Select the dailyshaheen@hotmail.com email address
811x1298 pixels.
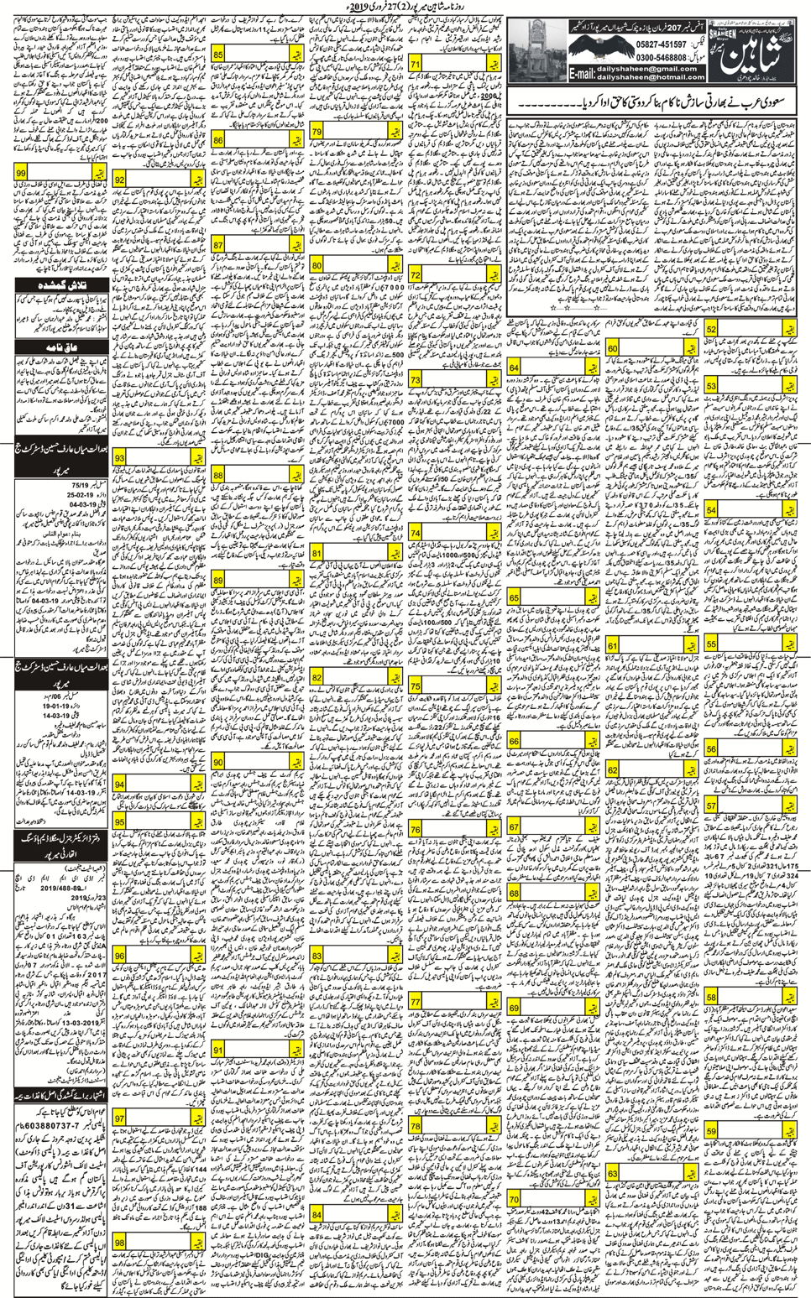coord(651,77)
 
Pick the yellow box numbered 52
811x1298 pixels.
coord(711,330)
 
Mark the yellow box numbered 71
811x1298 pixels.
coord(415,64)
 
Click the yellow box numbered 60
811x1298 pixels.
coord(613,348)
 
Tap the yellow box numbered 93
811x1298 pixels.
coord(120,458)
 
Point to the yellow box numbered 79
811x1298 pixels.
coord(317,132)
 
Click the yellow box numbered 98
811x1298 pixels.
coord(120,1242)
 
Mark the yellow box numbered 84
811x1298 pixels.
coord(317,1214)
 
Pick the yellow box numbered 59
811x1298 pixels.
coord(711,1132)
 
